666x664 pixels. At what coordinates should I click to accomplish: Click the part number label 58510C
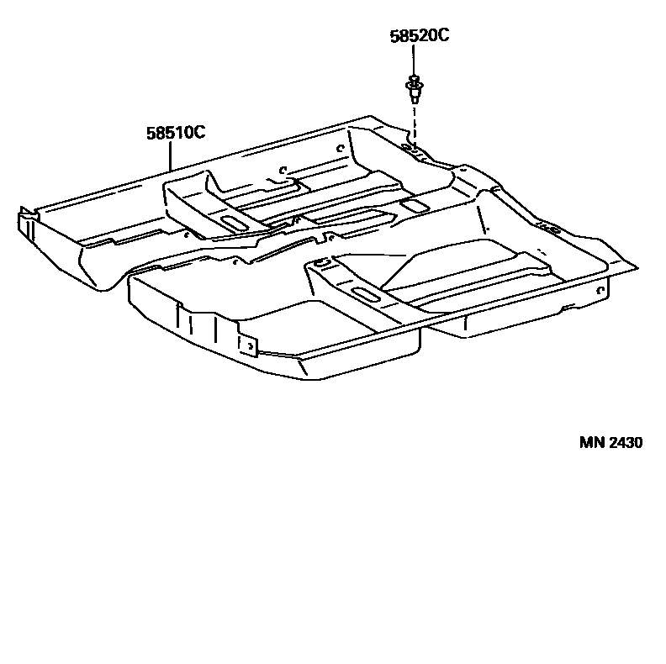point(176,132)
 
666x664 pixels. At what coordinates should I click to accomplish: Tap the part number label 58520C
point(420,36)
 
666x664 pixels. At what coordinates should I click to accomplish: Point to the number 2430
point(626,442)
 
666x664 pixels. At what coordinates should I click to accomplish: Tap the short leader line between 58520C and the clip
point(414,61)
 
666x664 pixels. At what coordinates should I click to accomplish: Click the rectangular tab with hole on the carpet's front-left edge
point(248,345)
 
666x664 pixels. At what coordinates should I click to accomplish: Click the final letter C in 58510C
point(200,132)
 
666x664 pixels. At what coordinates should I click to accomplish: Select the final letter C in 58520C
point(444,36)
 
